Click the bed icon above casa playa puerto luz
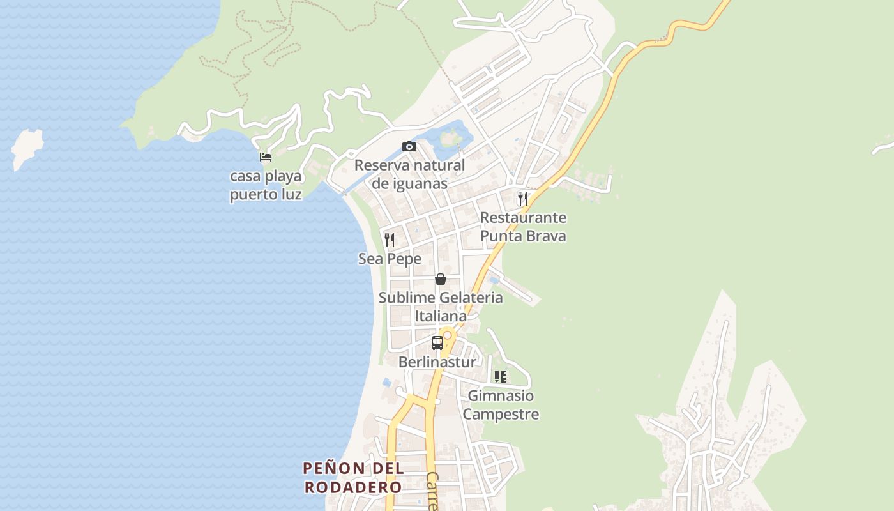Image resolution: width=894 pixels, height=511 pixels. click(x=266, y=156)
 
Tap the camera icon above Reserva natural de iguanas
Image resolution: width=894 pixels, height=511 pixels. click(x=409, y=147)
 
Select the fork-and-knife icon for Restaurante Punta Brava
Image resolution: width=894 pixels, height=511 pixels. click(x=523, y=198)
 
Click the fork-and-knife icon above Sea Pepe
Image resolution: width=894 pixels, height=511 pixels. click(x=390, y=240)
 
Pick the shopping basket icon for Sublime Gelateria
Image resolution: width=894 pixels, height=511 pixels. click(x=440, y=279)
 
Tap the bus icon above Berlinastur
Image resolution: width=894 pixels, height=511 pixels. click(x=437, y=343)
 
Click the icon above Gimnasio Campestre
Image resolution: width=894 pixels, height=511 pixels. click(x=501, y=377)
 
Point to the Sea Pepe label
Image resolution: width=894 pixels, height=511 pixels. click(x=390, y=259)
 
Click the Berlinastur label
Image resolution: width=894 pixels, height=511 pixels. click(x=437, y=362)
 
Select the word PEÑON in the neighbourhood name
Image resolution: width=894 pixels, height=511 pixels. click(x=335, y=468)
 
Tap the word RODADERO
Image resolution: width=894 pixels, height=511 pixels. click(x=353, y=487)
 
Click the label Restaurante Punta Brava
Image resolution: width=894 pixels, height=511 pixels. click(x=523, y=227)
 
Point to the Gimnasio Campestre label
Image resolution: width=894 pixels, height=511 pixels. click(x=501, y=405)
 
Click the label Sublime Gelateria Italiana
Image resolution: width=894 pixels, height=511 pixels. click(x=441, y=307)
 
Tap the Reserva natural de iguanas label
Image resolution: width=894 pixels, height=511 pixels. click(x=409, y=174)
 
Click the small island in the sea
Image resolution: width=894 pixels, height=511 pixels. click(x=27, y=148)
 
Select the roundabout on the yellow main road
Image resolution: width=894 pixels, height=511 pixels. click(x=448, y=335)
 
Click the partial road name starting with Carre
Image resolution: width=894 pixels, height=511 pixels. click(x=433, y=492)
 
